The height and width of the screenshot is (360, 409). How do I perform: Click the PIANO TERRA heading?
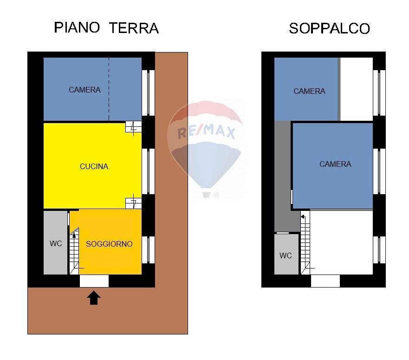(x=106, y=27)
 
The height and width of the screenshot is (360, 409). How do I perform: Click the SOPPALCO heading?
(x=329, y=28)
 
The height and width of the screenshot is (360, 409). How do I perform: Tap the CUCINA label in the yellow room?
(x=94, y=166)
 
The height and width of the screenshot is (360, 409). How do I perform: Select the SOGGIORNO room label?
(x=109, y=244)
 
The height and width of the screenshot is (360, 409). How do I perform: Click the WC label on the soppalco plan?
(x=286, y=255)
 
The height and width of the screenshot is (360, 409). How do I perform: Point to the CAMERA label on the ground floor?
(x=84, y=90)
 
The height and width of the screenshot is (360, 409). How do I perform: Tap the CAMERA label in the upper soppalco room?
(x=309, y=91)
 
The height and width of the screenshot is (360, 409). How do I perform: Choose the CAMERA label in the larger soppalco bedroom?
(x=335, y=164)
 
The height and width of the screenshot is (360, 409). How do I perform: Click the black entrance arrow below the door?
(x=94, y=297)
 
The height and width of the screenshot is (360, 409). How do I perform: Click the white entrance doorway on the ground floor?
(x=94, y=281)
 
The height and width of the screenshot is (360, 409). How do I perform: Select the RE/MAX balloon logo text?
(x=207, y=133)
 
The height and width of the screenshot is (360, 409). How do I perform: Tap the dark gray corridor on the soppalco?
(x=282, y=177)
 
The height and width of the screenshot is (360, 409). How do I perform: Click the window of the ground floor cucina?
(x=148, y=171)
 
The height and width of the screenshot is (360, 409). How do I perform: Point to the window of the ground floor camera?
(x=148, y=92)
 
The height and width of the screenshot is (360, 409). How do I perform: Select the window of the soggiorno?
(x=148, y=250)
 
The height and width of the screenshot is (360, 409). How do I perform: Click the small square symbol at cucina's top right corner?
(x=134, y=127)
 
